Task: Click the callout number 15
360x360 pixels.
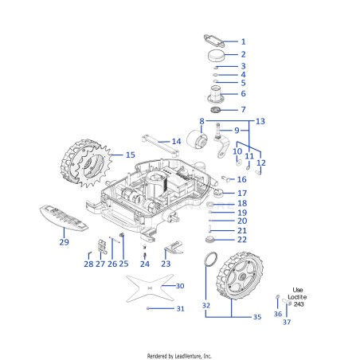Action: (x=131, y=155)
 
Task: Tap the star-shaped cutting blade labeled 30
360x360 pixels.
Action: (x=150, y=288)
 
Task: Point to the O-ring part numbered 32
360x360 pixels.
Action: (x=211, y=259)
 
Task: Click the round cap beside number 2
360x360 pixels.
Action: (x=216, y=55)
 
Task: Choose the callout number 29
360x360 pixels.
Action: (x=64, y=242)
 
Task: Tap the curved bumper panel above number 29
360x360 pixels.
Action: (x=63, y=217)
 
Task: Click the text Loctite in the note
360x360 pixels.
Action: (x=297, y=297)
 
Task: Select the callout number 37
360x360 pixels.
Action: (x=287, y=322)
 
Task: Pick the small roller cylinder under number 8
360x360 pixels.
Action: (x=197, y=139)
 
